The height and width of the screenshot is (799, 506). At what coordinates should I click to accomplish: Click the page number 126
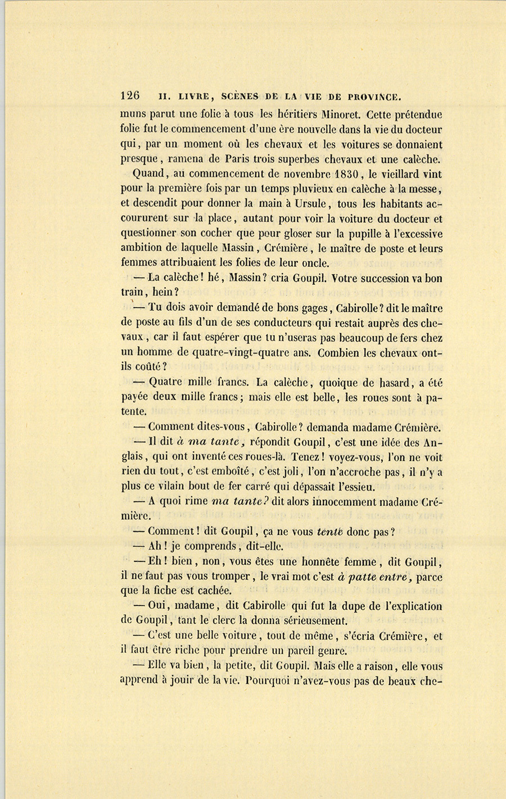click(130, 96)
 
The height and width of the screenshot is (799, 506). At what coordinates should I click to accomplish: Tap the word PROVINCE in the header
click(373, 96)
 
